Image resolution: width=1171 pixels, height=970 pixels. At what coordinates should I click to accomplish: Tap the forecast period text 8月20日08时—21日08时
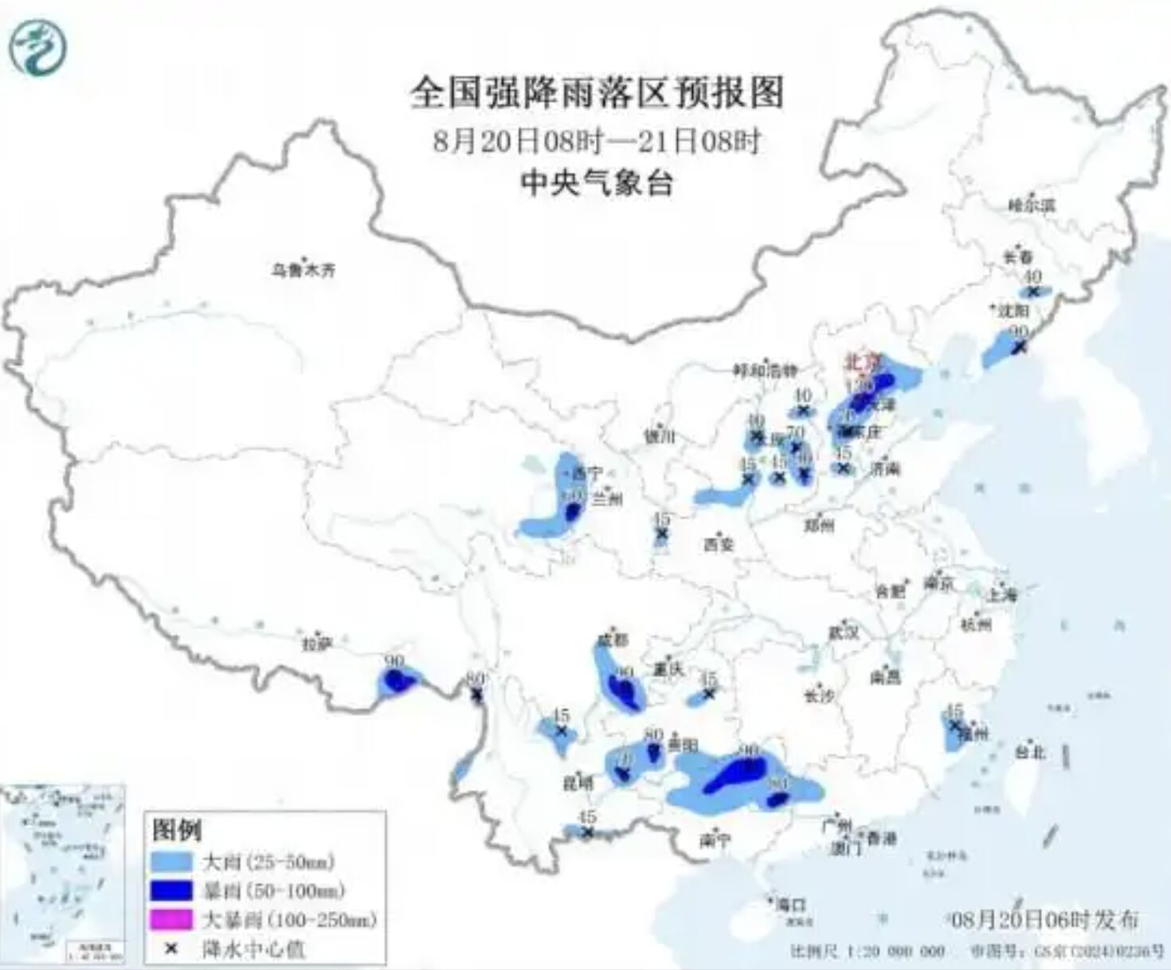[597, 142]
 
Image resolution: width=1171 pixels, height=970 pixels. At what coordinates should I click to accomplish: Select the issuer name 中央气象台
[597, 184]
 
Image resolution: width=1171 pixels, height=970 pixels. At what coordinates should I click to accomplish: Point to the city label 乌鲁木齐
[303, 270]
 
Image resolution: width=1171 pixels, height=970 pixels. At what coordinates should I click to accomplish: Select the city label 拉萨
[316, 643]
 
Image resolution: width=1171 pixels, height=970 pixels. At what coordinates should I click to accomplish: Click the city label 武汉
[844, 632]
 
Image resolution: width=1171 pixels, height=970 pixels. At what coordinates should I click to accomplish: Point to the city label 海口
[790, 905]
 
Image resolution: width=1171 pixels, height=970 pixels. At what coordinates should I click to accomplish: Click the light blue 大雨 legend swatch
[172, 862]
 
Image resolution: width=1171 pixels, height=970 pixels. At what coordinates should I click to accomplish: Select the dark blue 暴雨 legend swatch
[172, 890]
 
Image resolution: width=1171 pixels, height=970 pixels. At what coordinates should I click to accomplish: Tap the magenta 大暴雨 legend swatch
[172, 920]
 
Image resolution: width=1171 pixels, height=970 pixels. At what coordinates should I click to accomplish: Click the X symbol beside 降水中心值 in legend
[170, 948]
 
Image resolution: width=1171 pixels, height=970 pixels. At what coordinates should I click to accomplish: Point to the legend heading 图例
[177, 831]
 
